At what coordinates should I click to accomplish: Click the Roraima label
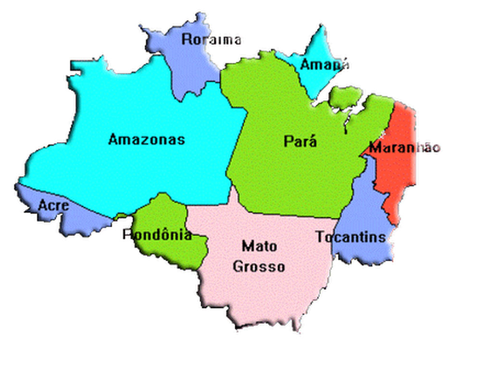211,39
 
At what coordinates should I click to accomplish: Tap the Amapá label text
324,64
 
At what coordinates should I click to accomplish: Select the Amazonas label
146,139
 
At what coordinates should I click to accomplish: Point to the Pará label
300,141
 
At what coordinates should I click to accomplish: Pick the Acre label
53,206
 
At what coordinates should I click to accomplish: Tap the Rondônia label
157,235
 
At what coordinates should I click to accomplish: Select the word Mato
259,246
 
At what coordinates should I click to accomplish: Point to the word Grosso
258,266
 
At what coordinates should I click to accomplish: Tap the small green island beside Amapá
345,96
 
